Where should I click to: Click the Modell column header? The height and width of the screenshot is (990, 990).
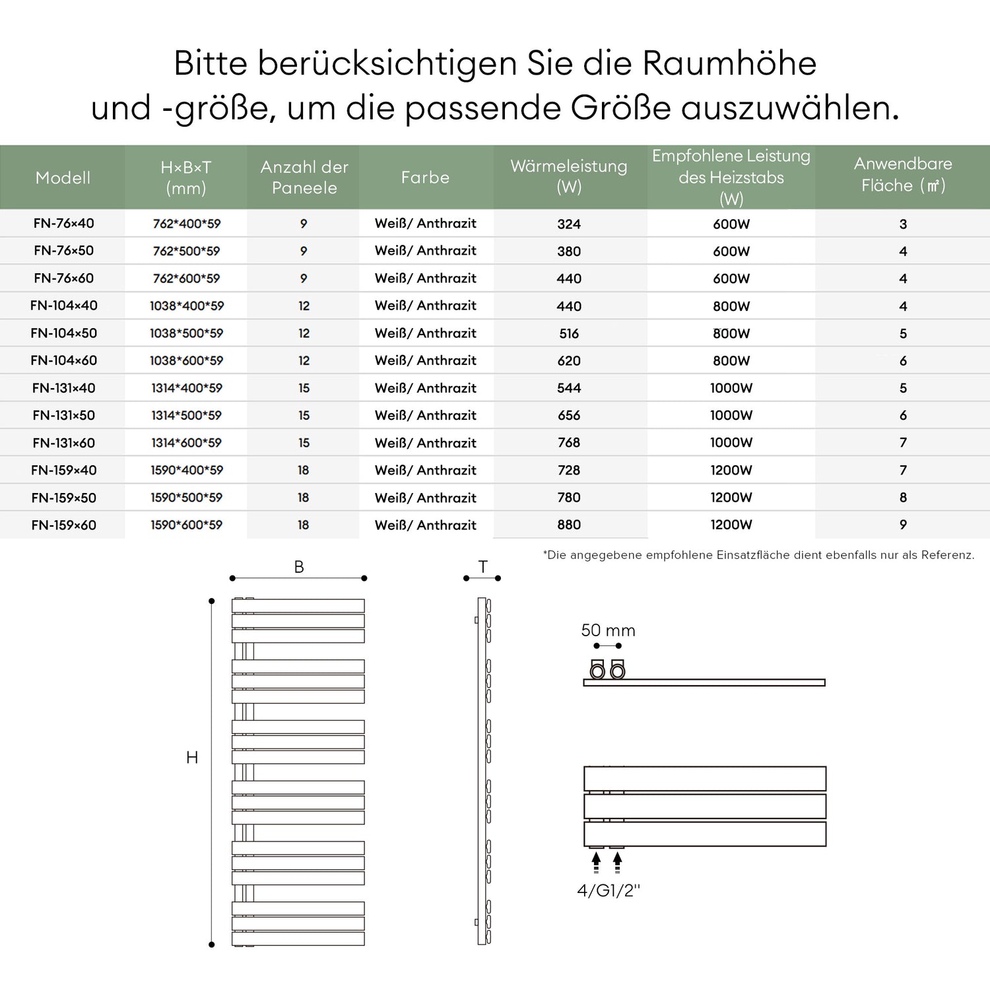tap(63, 178)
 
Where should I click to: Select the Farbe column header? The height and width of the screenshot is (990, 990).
tap(425, 178)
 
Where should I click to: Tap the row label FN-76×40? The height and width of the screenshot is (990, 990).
tap(63, 224)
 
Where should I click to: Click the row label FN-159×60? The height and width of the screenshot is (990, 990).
tap(63, 525)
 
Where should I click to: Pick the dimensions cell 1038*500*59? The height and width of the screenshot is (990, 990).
tap(186, 333)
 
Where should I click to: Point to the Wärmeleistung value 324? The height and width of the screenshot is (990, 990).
tap(568, 224)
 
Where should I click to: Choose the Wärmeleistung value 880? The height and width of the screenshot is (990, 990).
tap(568, 525)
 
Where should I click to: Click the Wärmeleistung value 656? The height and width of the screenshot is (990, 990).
tap(568, 416)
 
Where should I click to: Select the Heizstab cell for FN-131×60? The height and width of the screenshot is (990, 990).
tap(731, 443)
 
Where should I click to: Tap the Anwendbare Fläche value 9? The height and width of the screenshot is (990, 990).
tap(903, 525)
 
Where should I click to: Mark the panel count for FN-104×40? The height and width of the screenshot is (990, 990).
tap(304, 306)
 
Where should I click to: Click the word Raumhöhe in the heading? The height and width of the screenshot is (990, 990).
tap(729, 63)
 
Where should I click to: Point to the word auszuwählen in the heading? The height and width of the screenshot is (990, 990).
tap(789, 108)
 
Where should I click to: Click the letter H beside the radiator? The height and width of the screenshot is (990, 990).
tap(192, 758)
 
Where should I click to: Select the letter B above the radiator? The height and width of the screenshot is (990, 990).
tap(299, 567)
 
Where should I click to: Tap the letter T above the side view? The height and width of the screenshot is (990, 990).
tap(483, 567)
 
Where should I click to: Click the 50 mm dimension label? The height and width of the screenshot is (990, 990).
tap(608, 630)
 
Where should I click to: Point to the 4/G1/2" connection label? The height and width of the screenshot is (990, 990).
tap(609, 891)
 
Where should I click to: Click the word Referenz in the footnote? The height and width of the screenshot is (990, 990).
tap(947, 555)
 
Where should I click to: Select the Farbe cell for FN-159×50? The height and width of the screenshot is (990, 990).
tap(425, 498)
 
